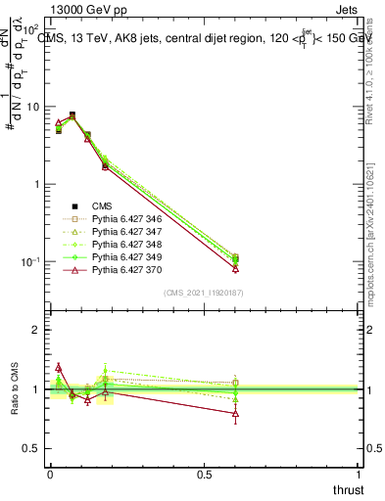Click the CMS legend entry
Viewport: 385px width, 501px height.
102,205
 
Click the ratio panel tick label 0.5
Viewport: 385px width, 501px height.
30,449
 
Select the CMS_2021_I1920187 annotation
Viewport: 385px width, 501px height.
203,294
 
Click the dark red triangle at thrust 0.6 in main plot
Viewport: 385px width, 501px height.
235,268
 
